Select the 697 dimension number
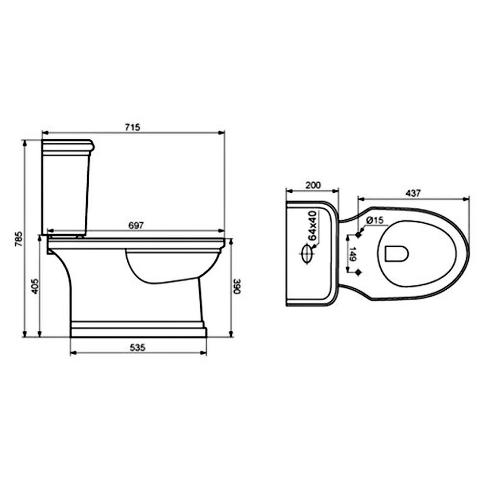pyautogui.click(x=136, y=225)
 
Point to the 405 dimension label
pyautogui.click(x=35, y=286)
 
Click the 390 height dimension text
pyautogui.click(x=236, y=286)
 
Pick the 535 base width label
pyautogui.click(x=137, y=348)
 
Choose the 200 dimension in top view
pyautogui.click(x=313, y=185)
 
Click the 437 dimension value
pyautogui.click(x=413, y=193)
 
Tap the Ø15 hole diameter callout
pyautogui.click(x=375, y=220)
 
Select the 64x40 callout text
pyautogui.click(x=312, y=225)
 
